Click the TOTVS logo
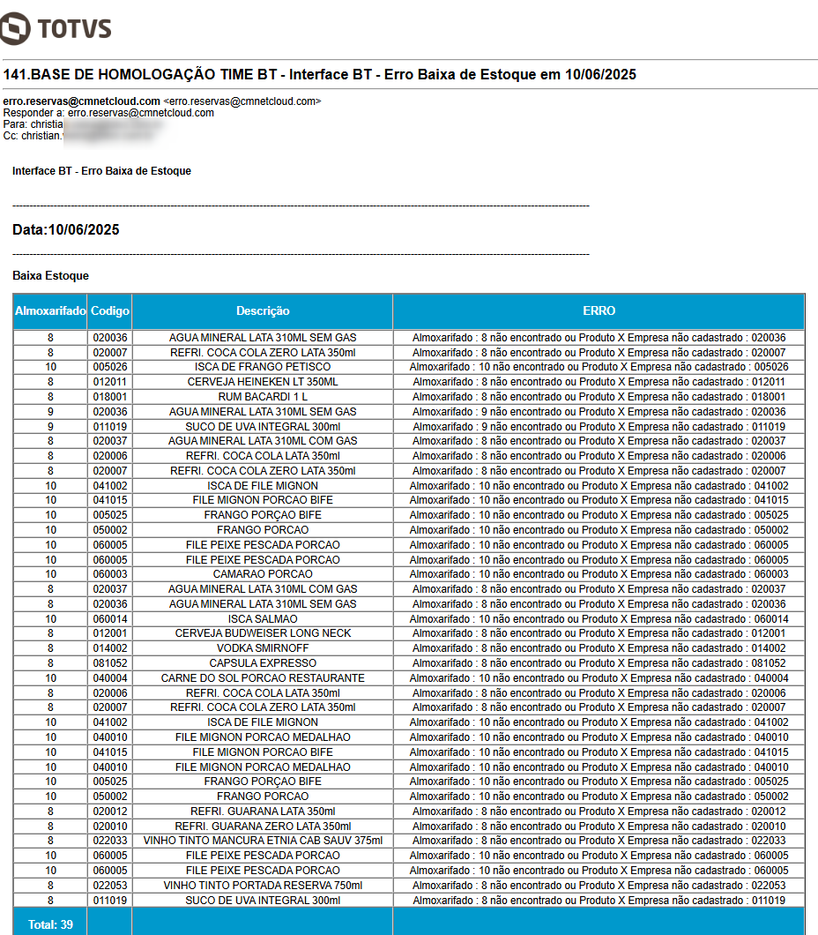point(56,28)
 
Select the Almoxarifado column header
point(50,311)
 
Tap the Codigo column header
point(110,311)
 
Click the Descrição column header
point(263,311)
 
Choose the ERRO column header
point(599,311)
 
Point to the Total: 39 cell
point(50,924)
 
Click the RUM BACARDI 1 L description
point(263,397)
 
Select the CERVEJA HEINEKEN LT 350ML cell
point(263,382)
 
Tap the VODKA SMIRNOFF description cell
point(263,648)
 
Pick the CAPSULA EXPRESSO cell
point(263,663)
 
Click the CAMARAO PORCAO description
point(263,574)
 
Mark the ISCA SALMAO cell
point(263,618)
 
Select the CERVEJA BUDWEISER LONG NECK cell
point(263,633)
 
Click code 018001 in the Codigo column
point(110,397)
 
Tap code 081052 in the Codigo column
point(110,663)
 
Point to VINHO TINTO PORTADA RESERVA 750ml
point(263,886)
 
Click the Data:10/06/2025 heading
point(66,230)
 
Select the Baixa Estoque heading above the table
point(50,276)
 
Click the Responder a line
point(108,113)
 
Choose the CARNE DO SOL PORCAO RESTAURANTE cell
point(263,678)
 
